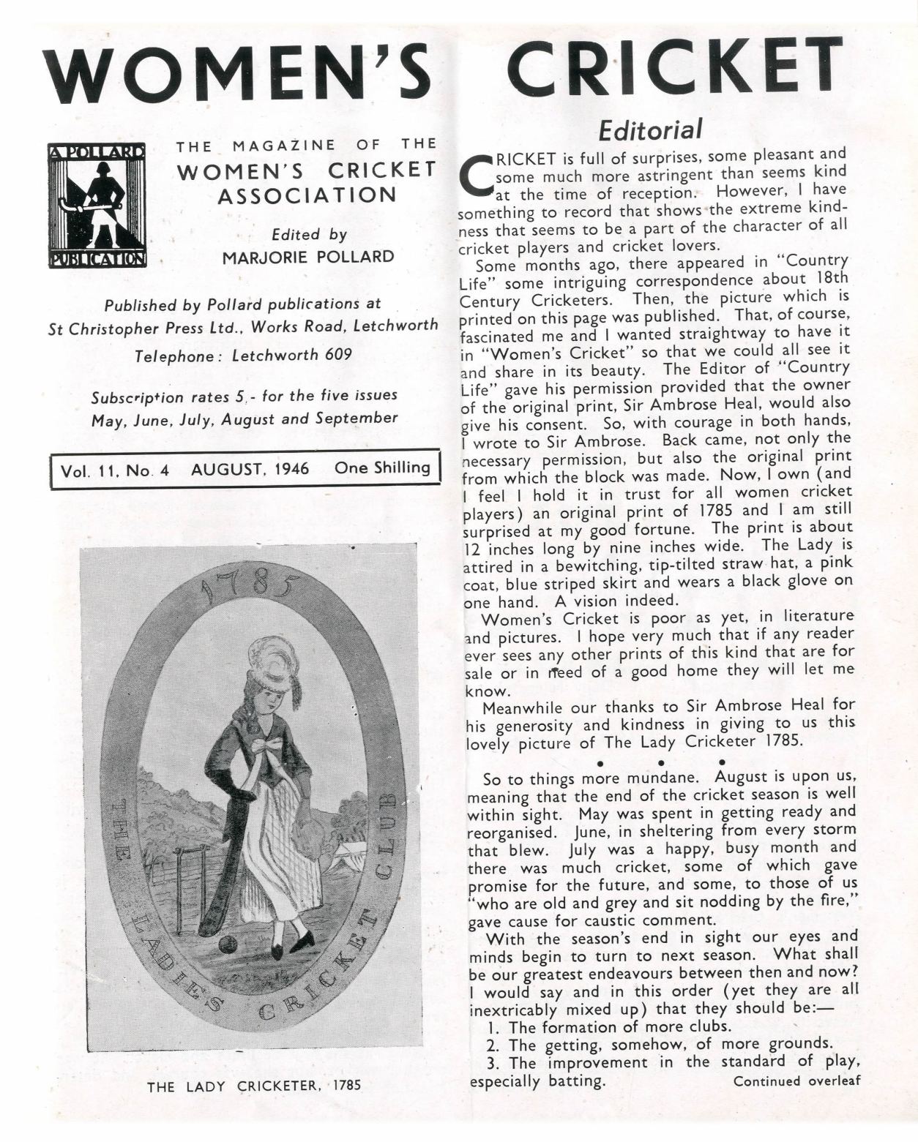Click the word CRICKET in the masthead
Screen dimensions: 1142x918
pyautogui.click(x=674, y=69)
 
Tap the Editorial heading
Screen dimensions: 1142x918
pyautogui.click(x=650, y=131)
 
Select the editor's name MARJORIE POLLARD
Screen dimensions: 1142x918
pyautogui.click(x=307, y=258)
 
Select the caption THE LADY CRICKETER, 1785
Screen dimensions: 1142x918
pyautogui.click(x=254, y=1086)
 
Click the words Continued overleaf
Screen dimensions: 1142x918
pyautogui.click(x=796, y=1081)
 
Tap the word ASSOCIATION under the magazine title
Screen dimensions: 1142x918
pyautogui.click(x=307, y=195)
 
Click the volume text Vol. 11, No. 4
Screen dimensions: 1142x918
pyautogui.click(x=115, y=470)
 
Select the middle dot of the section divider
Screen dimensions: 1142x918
pyautogui.click(x=660, y=763)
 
